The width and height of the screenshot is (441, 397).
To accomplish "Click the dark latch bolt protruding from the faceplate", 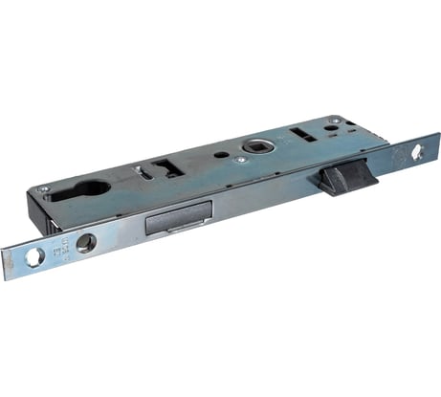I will point(347,178).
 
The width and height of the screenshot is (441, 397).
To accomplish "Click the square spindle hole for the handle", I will point(257,146).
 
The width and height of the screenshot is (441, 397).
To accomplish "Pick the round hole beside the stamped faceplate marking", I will point(85,242).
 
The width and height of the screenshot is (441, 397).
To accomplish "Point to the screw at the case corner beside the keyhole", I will point(42,189).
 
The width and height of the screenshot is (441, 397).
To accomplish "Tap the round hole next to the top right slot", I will point(329,127).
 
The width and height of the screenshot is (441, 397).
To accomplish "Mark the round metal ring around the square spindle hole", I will point(257,146).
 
